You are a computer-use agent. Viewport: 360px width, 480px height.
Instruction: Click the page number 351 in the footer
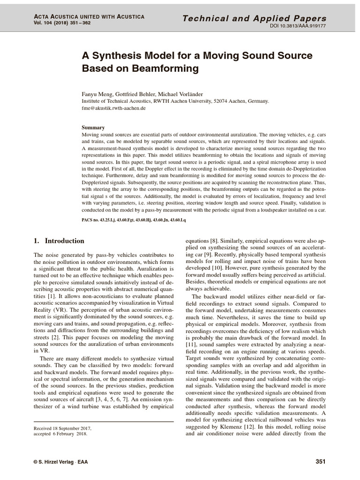click(320, 462)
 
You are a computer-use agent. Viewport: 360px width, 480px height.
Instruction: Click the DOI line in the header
click(298, 26)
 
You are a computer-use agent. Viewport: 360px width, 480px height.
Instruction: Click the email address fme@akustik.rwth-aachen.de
click(113, 108)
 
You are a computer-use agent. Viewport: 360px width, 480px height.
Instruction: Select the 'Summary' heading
click(93, 127)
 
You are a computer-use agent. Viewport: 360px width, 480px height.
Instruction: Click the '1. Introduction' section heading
click(59, 241)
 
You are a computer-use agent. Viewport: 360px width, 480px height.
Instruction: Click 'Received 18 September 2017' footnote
click(63, 428)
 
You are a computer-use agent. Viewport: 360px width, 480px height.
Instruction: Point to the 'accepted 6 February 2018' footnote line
click(60, 434)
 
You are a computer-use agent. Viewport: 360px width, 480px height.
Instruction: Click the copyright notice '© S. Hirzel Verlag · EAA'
click(60, 462)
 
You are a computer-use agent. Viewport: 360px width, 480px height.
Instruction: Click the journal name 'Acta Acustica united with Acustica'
click(89, 16)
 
